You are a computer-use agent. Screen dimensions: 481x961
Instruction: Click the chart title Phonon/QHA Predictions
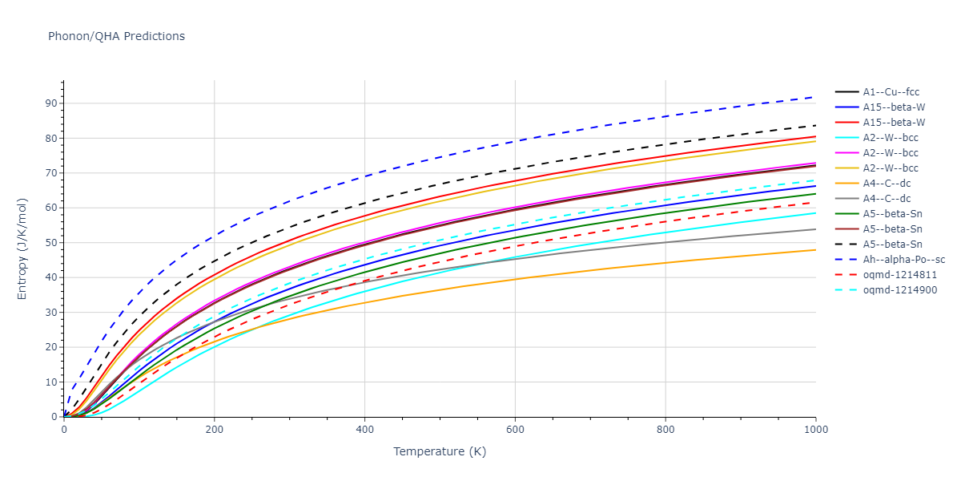tap(116, 36)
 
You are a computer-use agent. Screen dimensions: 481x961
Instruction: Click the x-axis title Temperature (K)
tap(440, 451)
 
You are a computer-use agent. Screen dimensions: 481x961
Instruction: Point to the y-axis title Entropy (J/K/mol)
tap(22, 249)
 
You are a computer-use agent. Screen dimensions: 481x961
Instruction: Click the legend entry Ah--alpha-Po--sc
tap(903, 259)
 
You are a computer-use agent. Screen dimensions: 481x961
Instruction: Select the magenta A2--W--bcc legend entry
tap(891, 153)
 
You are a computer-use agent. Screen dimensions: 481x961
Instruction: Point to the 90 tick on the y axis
tap(51, 103)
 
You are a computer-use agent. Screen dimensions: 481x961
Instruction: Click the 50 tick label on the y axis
tap(51, 243)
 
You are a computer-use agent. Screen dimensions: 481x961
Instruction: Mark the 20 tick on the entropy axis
tap(51, 347)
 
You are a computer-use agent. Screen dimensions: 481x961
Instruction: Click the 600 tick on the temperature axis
tap(515, 429)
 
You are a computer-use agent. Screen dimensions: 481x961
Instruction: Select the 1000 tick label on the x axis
tap(816, 429)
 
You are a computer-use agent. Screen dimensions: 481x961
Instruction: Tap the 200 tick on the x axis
tap(214, 429)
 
